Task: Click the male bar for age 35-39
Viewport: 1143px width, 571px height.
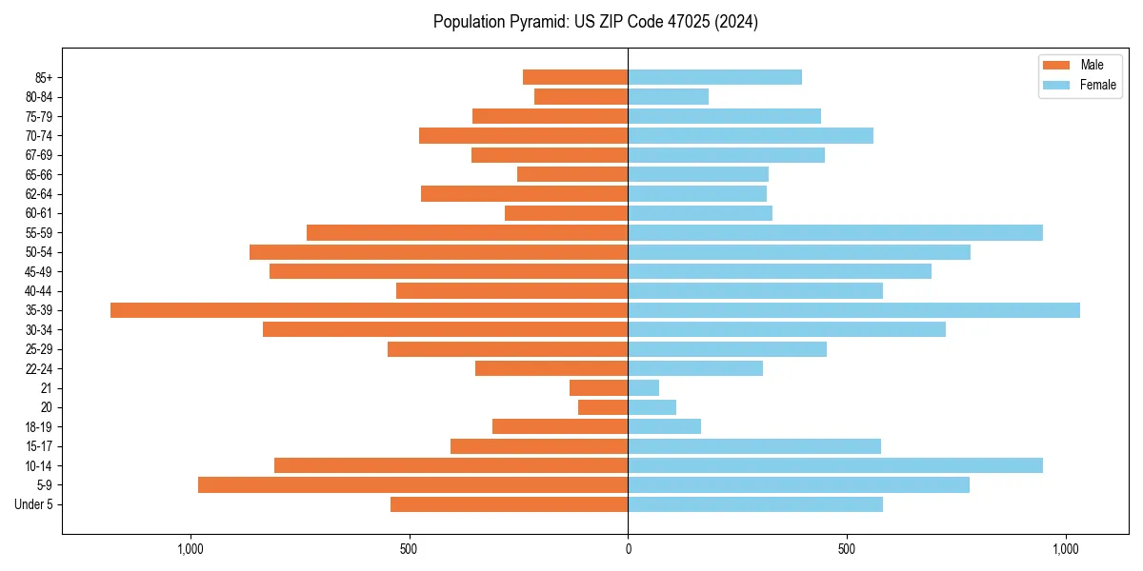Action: coord(370,310)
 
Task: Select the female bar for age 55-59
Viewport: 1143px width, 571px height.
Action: coord(835,232)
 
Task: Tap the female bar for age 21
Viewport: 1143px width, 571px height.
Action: coord(644,387)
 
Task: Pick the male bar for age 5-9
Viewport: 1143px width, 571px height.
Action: coord(412,484)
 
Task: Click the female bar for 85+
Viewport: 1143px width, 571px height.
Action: coord(714,77)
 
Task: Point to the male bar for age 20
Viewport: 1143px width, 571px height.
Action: coord(603,407)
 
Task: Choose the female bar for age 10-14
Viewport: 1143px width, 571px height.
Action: coord(835,465)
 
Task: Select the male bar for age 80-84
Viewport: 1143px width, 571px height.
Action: coord(581,96)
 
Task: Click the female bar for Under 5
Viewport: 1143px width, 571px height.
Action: coord(755,504)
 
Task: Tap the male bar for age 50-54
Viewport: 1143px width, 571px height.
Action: coord(438,252)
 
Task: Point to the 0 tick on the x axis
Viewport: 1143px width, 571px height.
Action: coord(628,549)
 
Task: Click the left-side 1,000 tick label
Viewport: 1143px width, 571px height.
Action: coord(190,549)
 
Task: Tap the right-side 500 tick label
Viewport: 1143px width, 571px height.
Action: coord(846,549)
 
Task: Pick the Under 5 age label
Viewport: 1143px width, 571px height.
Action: coord(33,504)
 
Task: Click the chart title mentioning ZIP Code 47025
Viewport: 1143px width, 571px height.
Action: coord(595,22)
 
